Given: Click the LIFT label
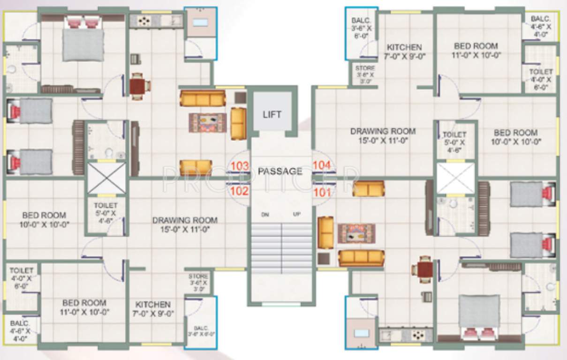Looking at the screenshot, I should [x=272, y=114].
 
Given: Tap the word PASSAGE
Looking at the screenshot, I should [x=280, y=171].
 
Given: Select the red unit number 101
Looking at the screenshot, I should [x=322, y=191].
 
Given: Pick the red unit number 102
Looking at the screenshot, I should [x=239, y=191].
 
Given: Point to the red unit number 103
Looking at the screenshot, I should [x=239, y=165].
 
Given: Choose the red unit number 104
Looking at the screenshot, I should [x=322, y=165].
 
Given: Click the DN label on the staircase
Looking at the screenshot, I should [x=265, y=214].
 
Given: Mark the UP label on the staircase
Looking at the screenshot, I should [x=296, y=214].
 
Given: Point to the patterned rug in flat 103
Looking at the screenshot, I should [x=207, y=122].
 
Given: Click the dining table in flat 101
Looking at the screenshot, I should [x=425, y=270].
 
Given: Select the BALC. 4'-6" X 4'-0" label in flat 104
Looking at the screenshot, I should [x=541, y=27].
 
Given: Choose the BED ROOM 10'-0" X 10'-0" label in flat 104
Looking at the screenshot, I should [x=515, y=137].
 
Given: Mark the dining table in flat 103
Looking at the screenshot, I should [x=138, y=86].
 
